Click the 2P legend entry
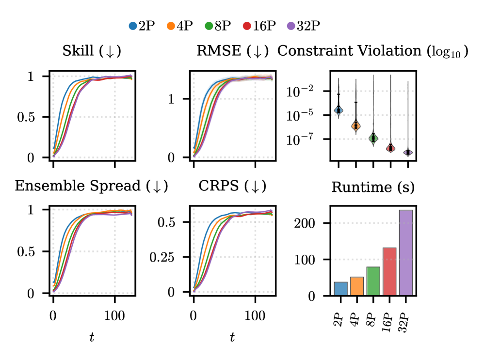click(x=142, y=26)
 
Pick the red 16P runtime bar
click(x=390, y=271)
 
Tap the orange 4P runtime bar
click(x=356, y=286)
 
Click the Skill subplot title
click(x=92, y=51)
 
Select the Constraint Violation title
click(x=372, y=51)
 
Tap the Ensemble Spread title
click(x=92, y=187)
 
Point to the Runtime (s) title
click(x=372, y=187)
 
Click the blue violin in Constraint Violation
click(x=339, y=110)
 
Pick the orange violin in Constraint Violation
click(x=356, y=125)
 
